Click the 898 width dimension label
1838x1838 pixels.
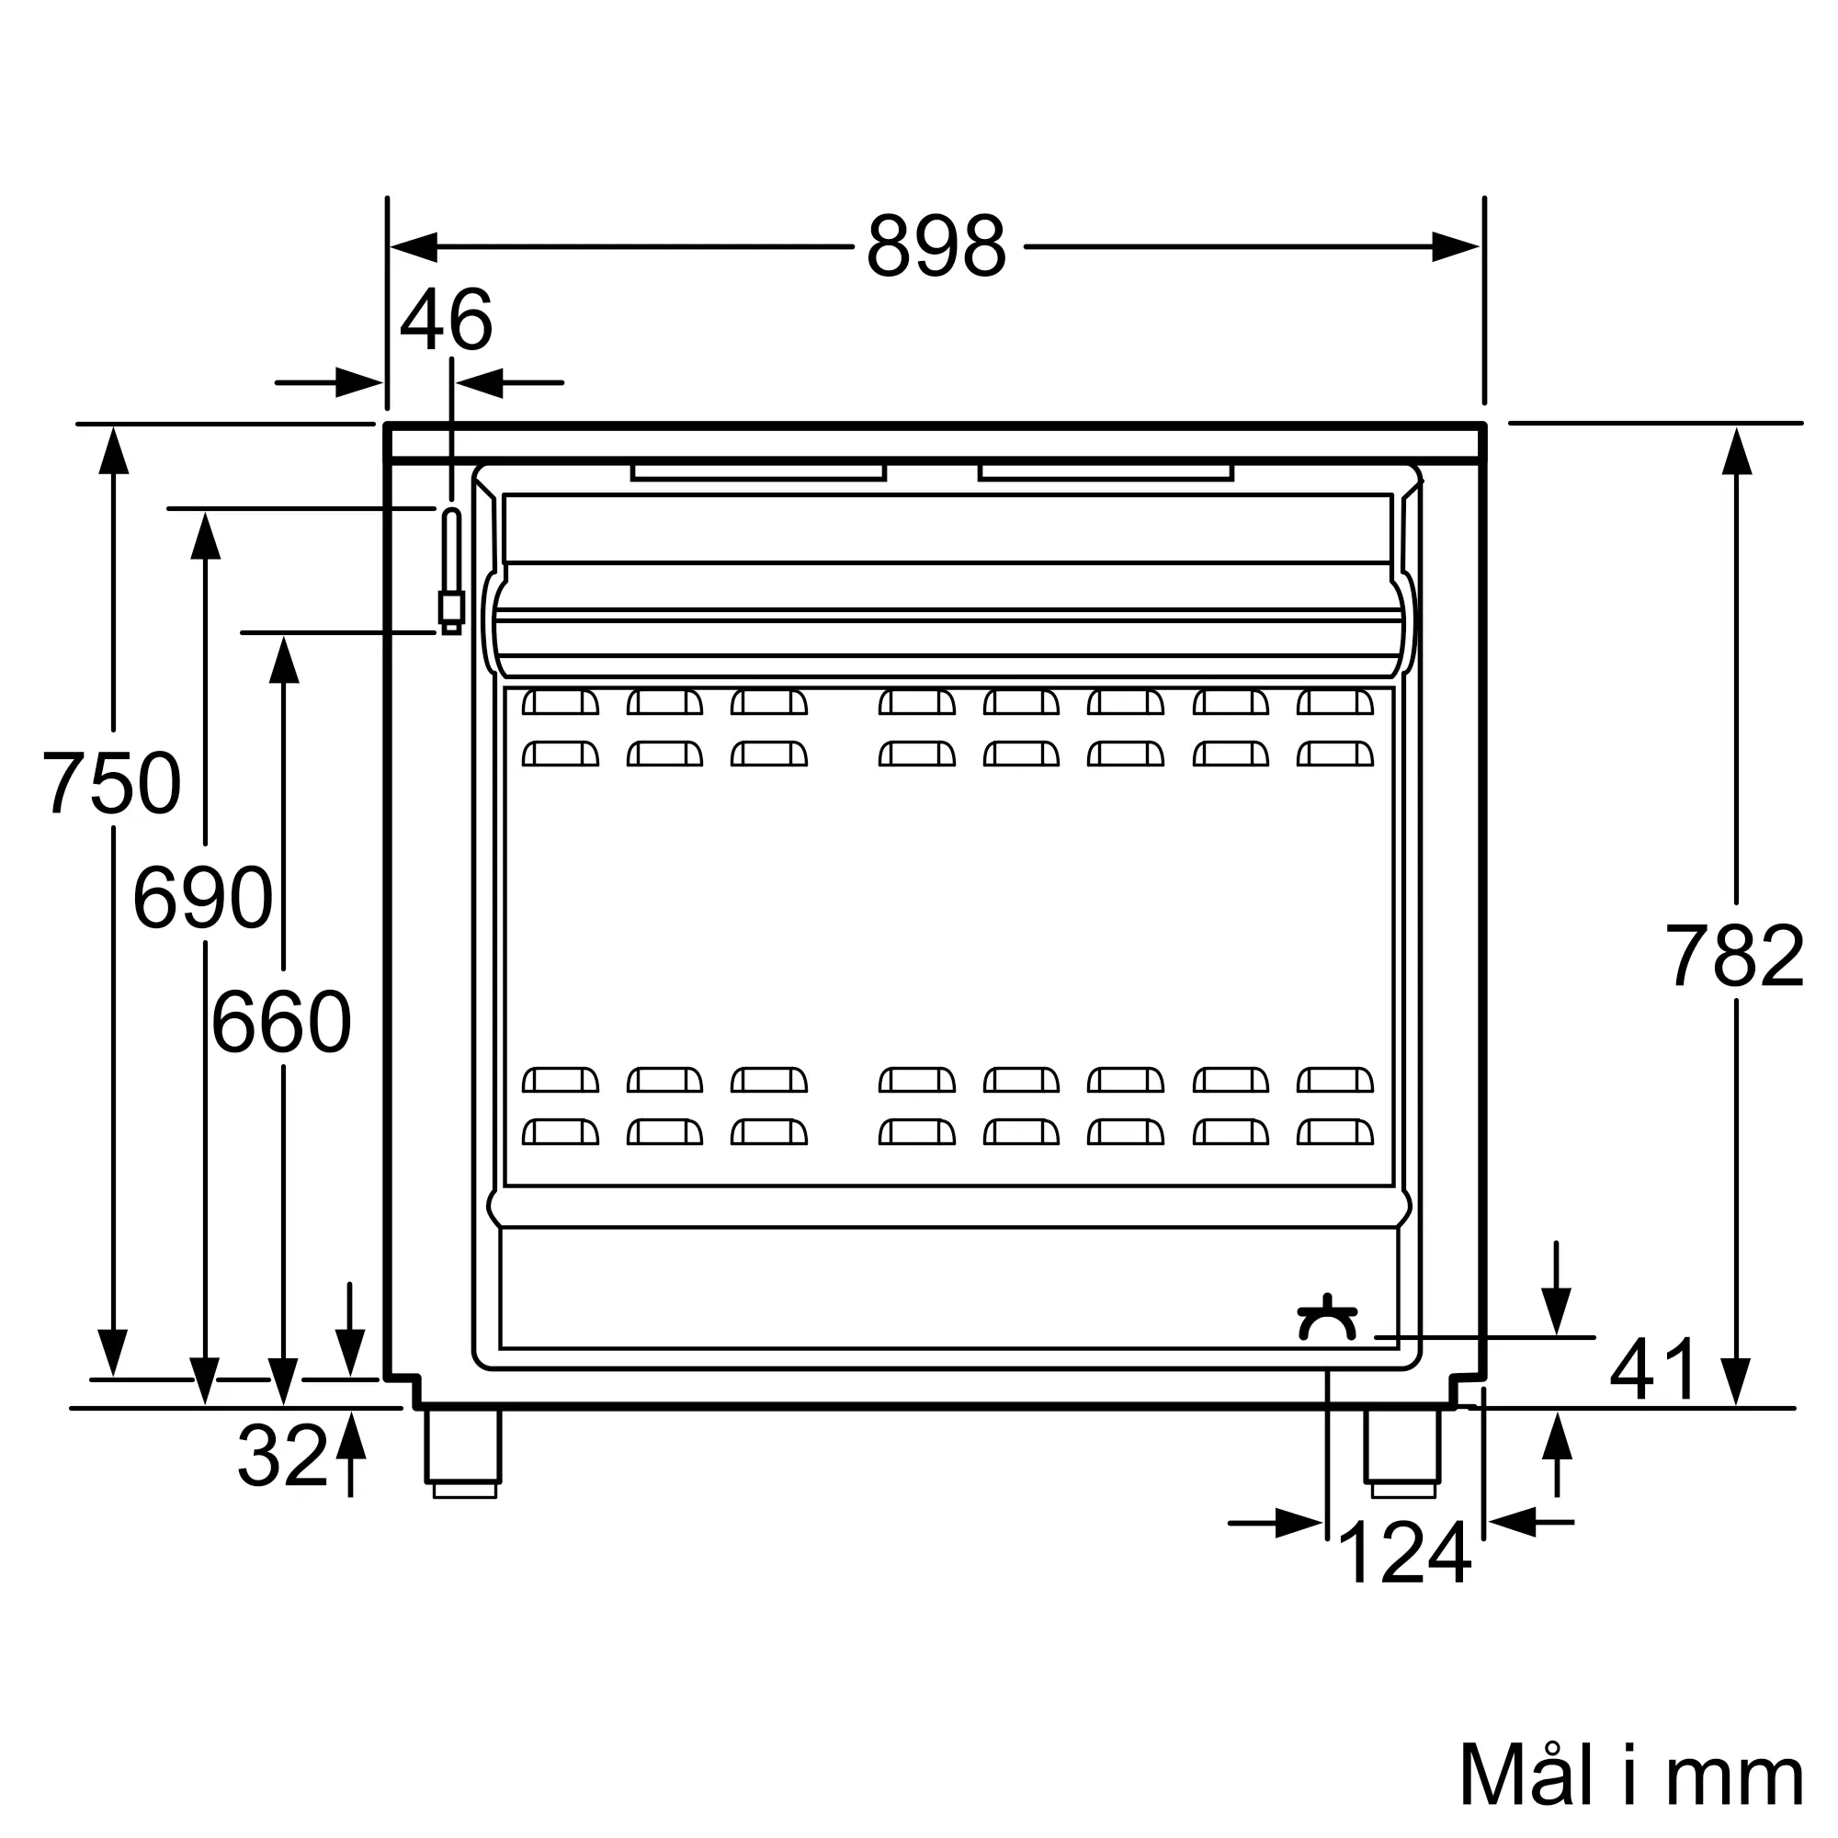936,246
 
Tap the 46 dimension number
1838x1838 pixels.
447,320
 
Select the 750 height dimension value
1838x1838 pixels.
111,783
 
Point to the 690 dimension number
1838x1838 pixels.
202,897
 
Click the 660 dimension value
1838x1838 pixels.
281,1022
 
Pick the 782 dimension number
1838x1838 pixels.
1735,956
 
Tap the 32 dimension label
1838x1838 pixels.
282,1456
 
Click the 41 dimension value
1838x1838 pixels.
1653,1370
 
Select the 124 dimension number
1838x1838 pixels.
1404,1552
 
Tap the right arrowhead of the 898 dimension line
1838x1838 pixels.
1457,247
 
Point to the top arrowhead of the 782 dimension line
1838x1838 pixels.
1736,450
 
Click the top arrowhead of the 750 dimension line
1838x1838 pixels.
113,450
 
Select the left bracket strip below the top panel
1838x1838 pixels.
758,471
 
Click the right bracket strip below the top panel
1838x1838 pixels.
1106,471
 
